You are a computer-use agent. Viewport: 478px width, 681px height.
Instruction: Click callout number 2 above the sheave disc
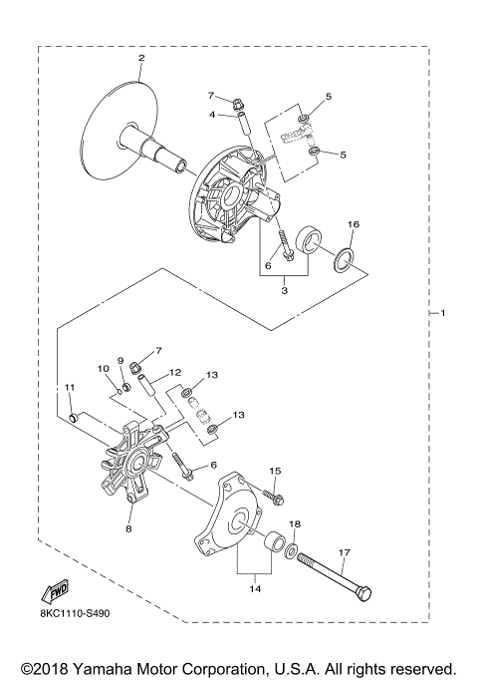(x=141, y=59)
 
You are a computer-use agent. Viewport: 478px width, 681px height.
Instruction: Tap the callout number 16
(x=353, y=225)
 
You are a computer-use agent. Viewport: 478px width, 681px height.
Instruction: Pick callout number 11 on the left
(x=69, y=387)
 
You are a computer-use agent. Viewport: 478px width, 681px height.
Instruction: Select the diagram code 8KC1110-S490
(x=75, y=614)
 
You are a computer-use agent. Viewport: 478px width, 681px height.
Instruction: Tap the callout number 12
(x=174, y=373)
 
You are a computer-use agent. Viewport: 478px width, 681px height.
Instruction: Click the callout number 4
(x=212, y=115)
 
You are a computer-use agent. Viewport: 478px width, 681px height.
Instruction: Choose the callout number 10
(x=103, y=370)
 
